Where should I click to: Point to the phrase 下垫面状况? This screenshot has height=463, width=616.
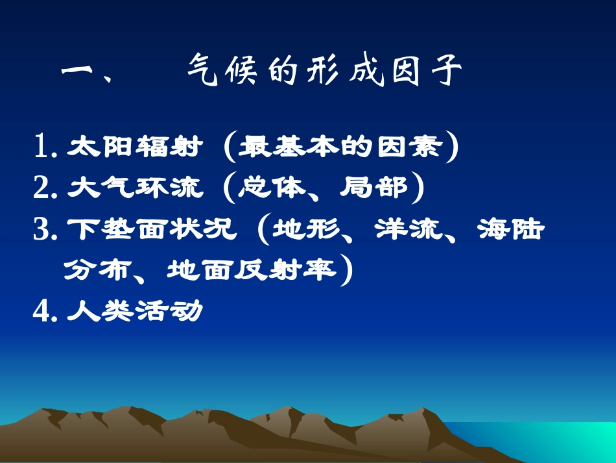click(x=152, y=230)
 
